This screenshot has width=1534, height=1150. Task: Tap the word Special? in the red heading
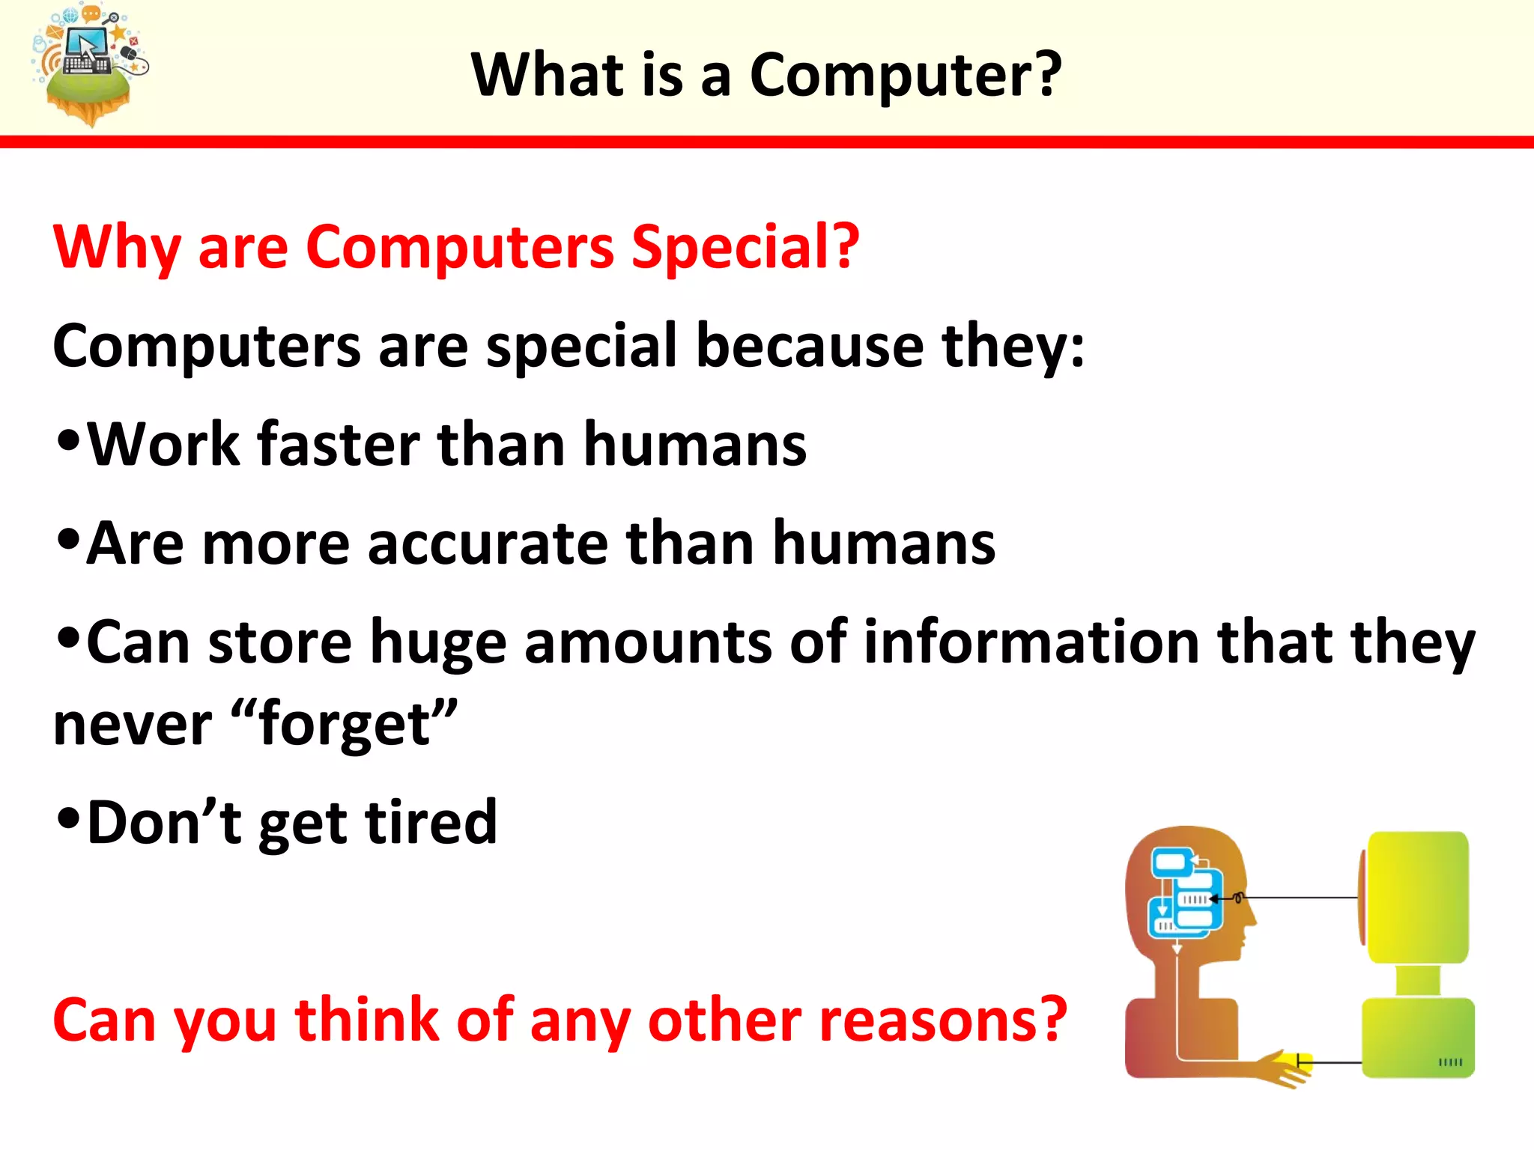pos(745,247)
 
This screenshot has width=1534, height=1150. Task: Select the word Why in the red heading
pos(116,247)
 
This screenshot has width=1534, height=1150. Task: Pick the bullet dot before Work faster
pos(68,440)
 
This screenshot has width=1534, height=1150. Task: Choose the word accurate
pos(487,544)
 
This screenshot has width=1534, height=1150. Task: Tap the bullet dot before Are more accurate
pos(68,539)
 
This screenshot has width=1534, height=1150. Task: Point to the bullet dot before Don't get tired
pos(68,818)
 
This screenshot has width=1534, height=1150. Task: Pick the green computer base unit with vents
pos(1417,1038)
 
